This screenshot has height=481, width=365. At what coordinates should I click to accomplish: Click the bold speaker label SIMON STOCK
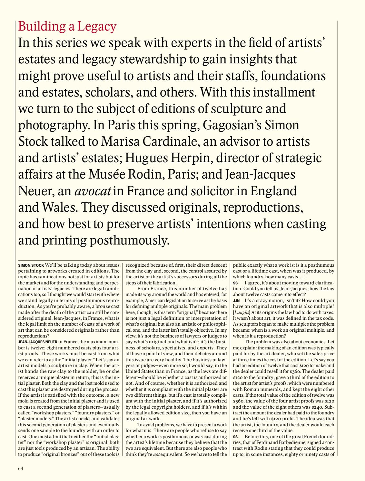coord(31,266)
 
